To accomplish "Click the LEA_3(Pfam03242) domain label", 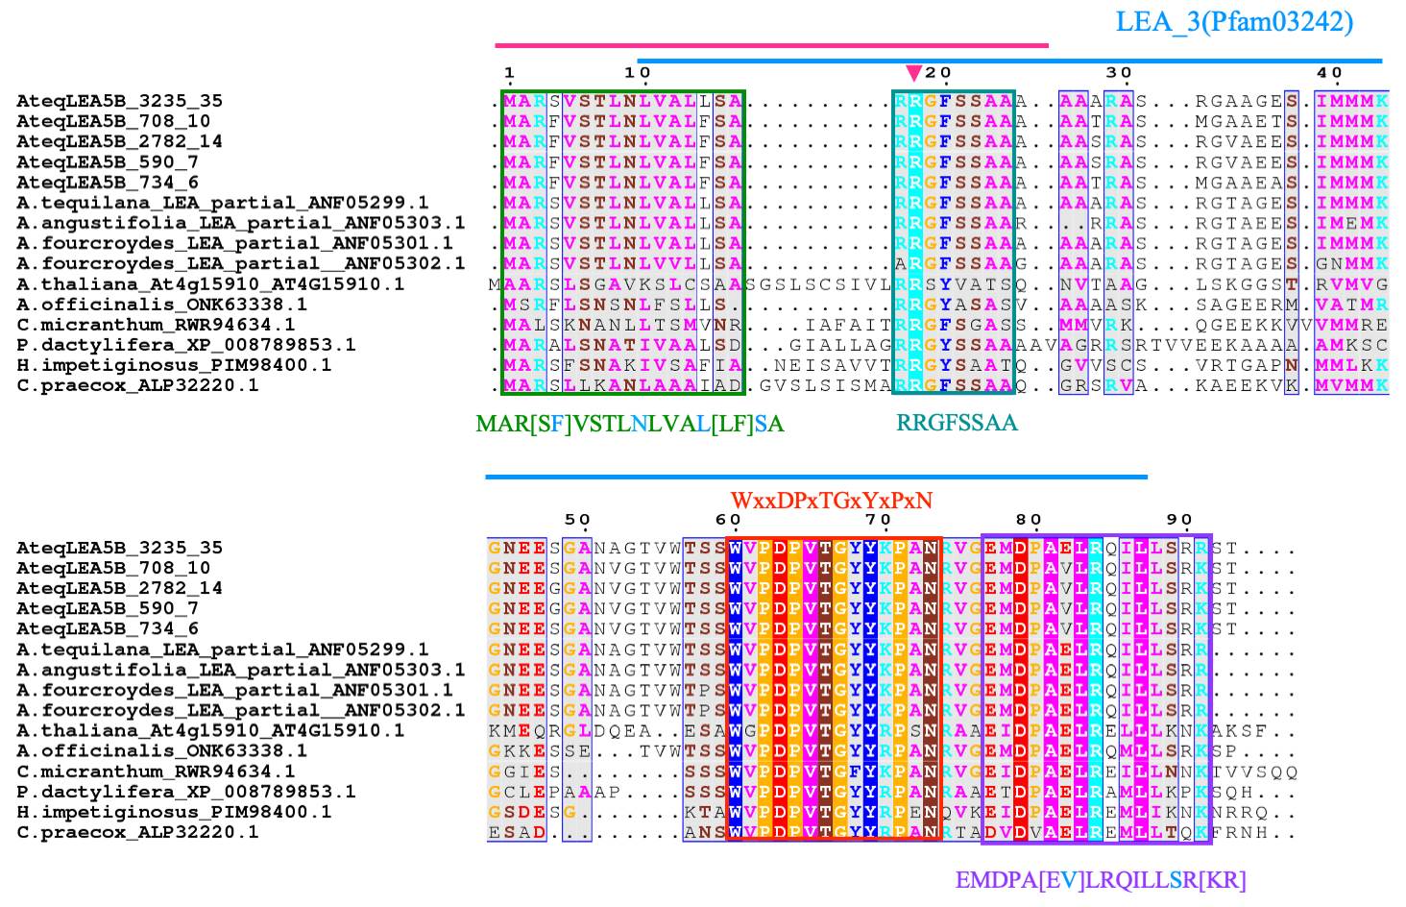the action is coord(1234,22).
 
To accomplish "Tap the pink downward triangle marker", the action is coord(913,73).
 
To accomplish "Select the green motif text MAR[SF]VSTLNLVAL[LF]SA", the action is coord(630,424).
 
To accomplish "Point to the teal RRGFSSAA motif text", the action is coord(957,423).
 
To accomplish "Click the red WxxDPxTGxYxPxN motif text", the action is coord(832,501).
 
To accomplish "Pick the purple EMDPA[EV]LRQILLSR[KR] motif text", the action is coord(1101,880).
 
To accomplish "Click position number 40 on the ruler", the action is coord(1329,73).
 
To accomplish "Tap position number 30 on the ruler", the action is coord(1118,73).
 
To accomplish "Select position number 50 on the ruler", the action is coord(577,520).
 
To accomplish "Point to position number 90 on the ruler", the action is coord(1179,520).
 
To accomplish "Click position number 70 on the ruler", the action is coord(878,520).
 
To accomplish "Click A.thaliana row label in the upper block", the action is coord(210,284).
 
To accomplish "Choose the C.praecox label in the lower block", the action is coord(137,832).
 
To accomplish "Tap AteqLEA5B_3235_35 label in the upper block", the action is coord(119,101).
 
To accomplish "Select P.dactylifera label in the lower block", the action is coord(186,792).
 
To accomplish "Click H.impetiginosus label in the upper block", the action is coord(174,365).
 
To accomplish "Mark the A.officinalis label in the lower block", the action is coord(161,750).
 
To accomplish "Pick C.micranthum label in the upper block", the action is coord(156,325).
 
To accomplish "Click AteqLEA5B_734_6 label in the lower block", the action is coord(108,629).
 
